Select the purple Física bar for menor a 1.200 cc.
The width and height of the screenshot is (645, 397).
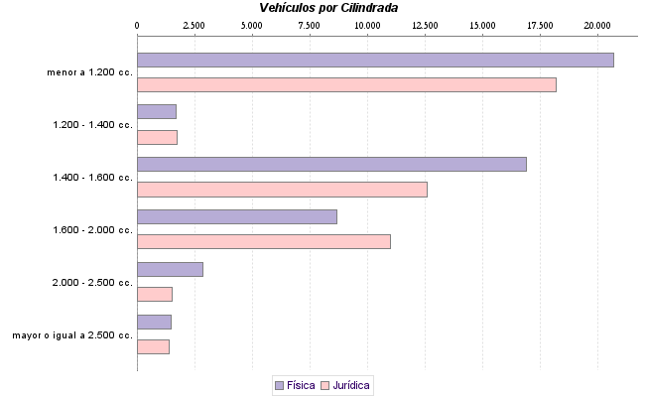point(375,60)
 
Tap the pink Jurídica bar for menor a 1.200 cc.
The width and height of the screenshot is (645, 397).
point(346,84)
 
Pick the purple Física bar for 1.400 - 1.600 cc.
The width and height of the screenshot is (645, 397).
point(331,164)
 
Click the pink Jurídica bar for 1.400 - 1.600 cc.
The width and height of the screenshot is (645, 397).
point(282,190)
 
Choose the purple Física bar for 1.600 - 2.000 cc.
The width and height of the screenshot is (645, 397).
point(237,216)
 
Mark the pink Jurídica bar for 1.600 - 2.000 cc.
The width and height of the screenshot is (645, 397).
point(264,241)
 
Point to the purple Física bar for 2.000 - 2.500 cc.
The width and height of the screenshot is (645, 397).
point(170,269)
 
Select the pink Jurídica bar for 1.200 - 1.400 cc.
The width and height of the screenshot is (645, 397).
point(157,137)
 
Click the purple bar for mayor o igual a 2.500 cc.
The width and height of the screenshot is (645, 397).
point(154,322)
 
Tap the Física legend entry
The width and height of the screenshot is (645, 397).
point(294,385)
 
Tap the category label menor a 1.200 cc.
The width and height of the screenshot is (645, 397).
point(89,72)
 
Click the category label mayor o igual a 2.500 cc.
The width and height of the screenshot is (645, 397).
point(72,335)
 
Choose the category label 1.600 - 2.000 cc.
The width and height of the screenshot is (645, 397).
point(92,230)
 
